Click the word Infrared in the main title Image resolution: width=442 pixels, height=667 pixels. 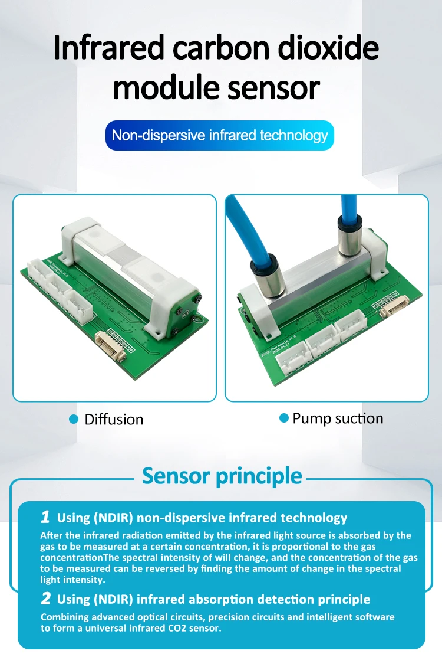point(108,48)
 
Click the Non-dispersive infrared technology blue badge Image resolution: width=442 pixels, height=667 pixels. point(219,135)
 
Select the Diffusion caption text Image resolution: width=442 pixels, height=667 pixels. point(114,420)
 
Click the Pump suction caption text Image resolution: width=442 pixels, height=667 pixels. point(338,418)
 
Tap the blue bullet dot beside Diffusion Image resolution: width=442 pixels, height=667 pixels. point(74,420)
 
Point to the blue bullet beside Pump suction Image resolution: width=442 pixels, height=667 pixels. point(284,418)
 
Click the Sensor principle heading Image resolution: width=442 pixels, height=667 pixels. point(222,476)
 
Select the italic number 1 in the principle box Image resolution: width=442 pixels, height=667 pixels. point(45,517)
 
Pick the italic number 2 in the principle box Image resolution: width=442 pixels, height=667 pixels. point(46,599)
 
